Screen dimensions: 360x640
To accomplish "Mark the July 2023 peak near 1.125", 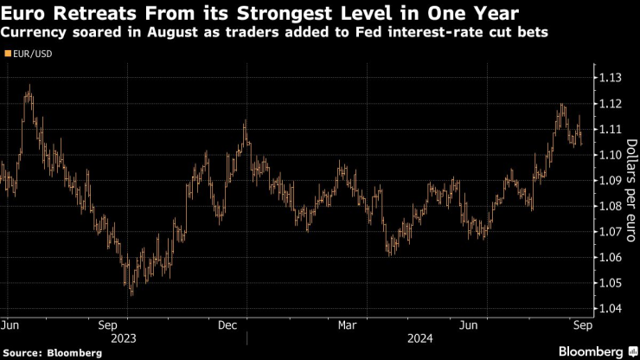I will [29, 86].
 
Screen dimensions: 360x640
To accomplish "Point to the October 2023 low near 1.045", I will [131, 294].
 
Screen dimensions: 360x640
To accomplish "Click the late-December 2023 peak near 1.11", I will [245, 122].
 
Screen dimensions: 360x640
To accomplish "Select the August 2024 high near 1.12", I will [562, 106].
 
